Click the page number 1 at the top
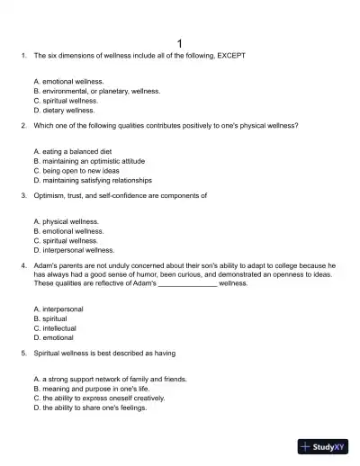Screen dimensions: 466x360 (x=180, y=42)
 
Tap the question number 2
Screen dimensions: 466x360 (x=22, y=125)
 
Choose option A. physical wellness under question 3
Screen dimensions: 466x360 (x=66, y=220)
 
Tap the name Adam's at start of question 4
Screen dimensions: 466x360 (x=45, y=265)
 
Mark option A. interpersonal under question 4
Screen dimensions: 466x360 (x=57, y=309)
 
